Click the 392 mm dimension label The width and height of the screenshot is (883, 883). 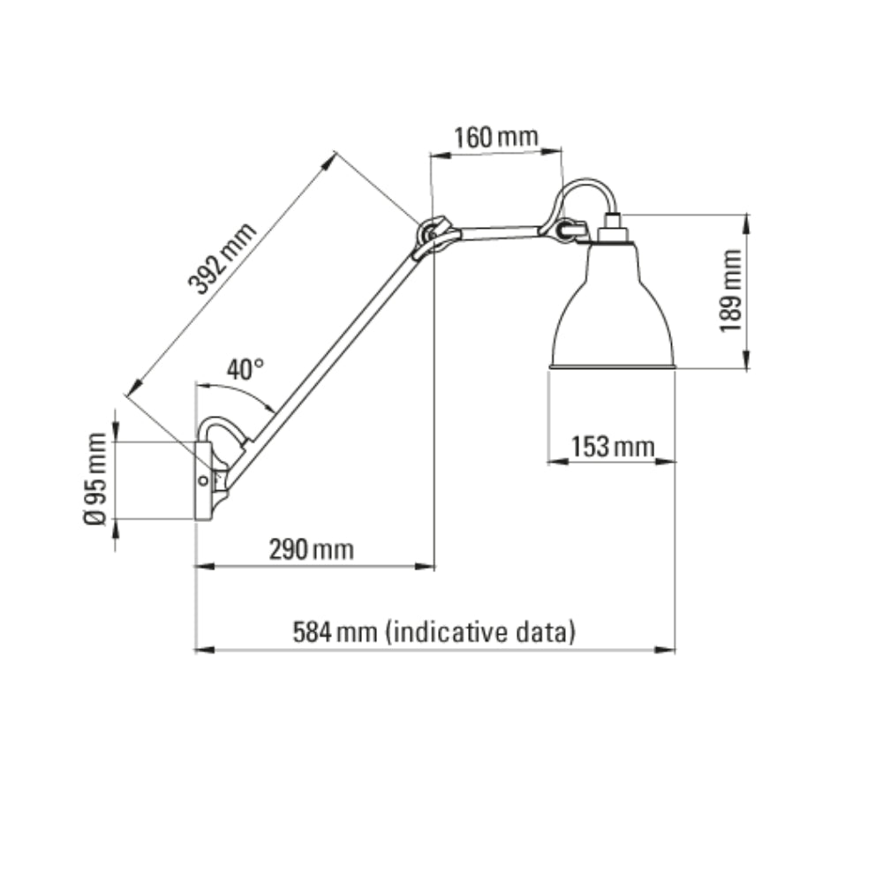click(x=223, y=257)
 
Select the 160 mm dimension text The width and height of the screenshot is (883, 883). click(x=495, y=138)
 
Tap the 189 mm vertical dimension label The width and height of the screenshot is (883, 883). click(x=730, y=291)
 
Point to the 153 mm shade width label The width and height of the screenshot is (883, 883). click(x=613, y=447)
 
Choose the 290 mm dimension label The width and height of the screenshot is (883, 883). click(x=311, y=550)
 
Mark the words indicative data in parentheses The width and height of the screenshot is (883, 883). click(x=482, y=632)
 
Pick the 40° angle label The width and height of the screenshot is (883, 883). click(x=245, y=370)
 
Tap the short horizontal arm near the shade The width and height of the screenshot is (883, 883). click(x=499, y=234)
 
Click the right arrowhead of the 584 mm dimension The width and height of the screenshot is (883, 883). click(x=669, y=650)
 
